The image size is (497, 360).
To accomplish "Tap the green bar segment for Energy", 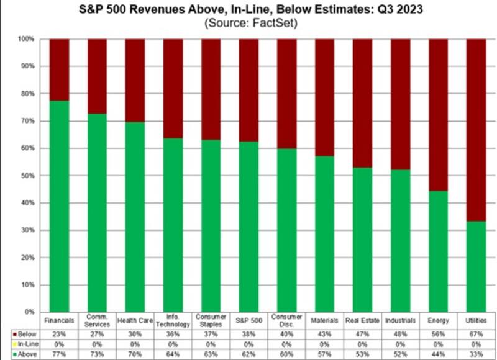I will tap(438, 251).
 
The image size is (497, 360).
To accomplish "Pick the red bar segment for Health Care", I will tap(135, 80).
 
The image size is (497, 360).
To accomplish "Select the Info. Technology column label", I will tap(173, 320).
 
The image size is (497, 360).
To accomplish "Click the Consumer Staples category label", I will tap(211, 320).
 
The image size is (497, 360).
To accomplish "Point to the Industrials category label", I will tap(400, 320).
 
